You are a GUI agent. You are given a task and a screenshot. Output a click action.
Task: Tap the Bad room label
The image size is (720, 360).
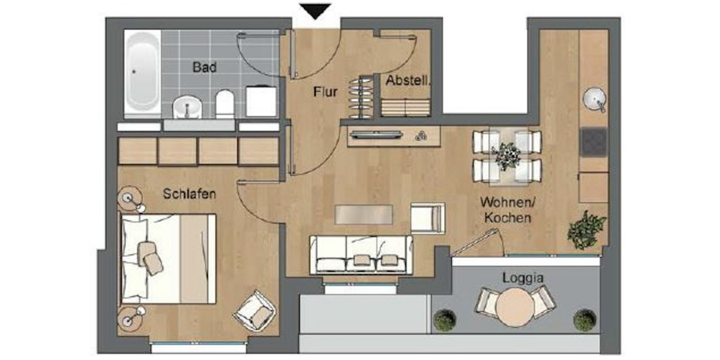click(204, 67)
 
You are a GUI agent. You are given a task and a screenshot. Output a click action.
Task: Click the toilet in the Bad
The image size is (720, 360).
click(224, 104)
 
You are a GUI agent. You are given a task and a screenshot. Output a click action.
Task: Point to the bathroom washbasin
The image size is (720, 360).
click(188, 107)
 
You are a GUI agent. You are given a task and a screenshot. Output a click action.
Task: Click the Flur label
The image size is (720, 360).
click(325, 92)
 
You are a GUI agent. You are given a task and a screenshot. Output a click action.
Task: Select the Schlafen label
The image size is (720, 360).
click(189, 194)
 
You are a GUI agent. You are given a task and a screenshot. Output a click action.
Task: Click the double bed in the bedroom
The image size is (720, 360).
click(168, 258)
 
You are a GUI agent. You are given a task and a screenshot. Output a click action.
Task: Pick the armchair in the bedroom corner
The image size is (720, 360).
click(256, 311)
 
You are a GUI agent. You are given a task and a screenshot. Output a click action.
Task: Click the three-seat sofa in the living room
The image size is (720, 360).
click(361, 253)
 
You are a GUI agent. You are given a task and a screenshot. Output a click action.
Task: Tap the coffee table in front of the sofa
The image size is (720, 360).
click(364, 214)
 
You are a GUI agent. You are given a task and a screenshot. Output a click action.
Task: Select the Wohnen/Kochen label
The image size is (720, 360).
click(505, 210)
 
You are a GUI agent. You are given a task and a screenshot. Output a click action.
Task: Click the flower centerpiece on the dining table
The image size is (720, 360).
click(507, 156)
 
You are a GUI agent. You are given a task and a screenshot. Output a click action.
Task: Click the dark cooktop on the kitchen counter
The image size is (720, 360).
click(593, 142)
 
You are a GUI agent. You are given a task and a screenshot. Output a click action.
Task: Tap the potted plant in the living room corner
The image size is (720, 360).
click(587, 229)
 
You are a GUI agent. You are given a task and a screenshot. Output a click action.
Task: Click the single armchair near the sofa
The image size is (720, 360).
click(428, 218)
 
